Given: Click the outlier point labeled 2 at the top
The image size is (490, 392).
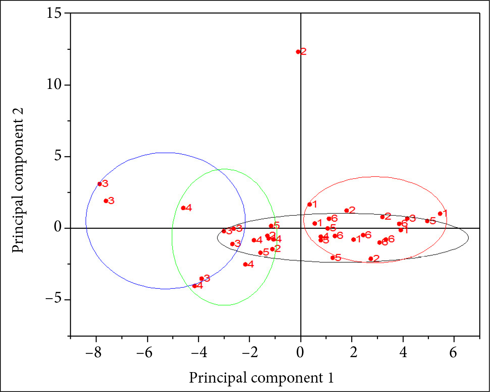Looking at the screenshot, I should tap(298, 52).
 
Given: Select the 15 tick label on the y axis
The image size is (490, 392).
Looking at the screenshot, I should tap(54, 13).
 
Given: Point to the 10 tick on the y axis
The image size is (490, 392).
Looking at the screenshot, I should tap(54, 85).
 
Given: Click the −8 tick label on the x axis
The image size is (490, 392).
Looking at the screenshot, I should tap(93, 353).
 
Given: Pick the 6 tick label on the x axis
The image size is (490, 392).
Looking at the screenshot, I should tap(453, 353).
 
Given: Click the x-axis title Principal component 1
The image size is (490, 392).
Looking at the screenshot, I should tap(261, 378).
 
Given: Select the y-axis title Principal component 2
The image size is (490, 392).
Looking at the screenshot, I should tap(18, 180).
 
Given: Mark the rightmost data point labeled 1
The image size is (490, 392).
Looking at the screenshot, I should tap(440, 214).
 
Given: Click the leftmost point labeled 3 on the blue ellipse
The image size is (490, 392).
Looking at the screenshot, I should tap(99, 184).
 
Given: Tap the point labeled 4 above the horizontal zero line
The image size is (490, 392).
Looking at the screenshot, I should tap(183, 208).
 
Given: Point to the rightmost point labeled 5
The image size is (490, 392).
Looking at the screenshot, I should tap(427, 221).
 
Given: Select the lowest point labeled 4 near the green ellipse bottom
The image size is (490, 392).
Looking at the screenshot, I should tap(195, 286).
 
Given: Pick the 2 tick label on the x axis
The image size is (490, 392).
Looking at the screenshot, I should tap(354, 353).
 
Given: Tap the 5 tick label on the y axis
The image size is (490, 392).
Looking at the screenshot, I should tap(58, 156).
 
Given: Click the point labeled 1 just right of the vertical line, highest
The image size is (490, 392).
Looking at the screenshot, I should tap(309, 204).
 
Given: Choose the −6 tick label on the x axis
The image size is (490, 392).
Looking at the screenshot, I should tap(144, 353).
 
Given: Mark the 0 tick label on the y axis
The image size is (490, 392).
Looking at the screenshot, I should tap(58, 228).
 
